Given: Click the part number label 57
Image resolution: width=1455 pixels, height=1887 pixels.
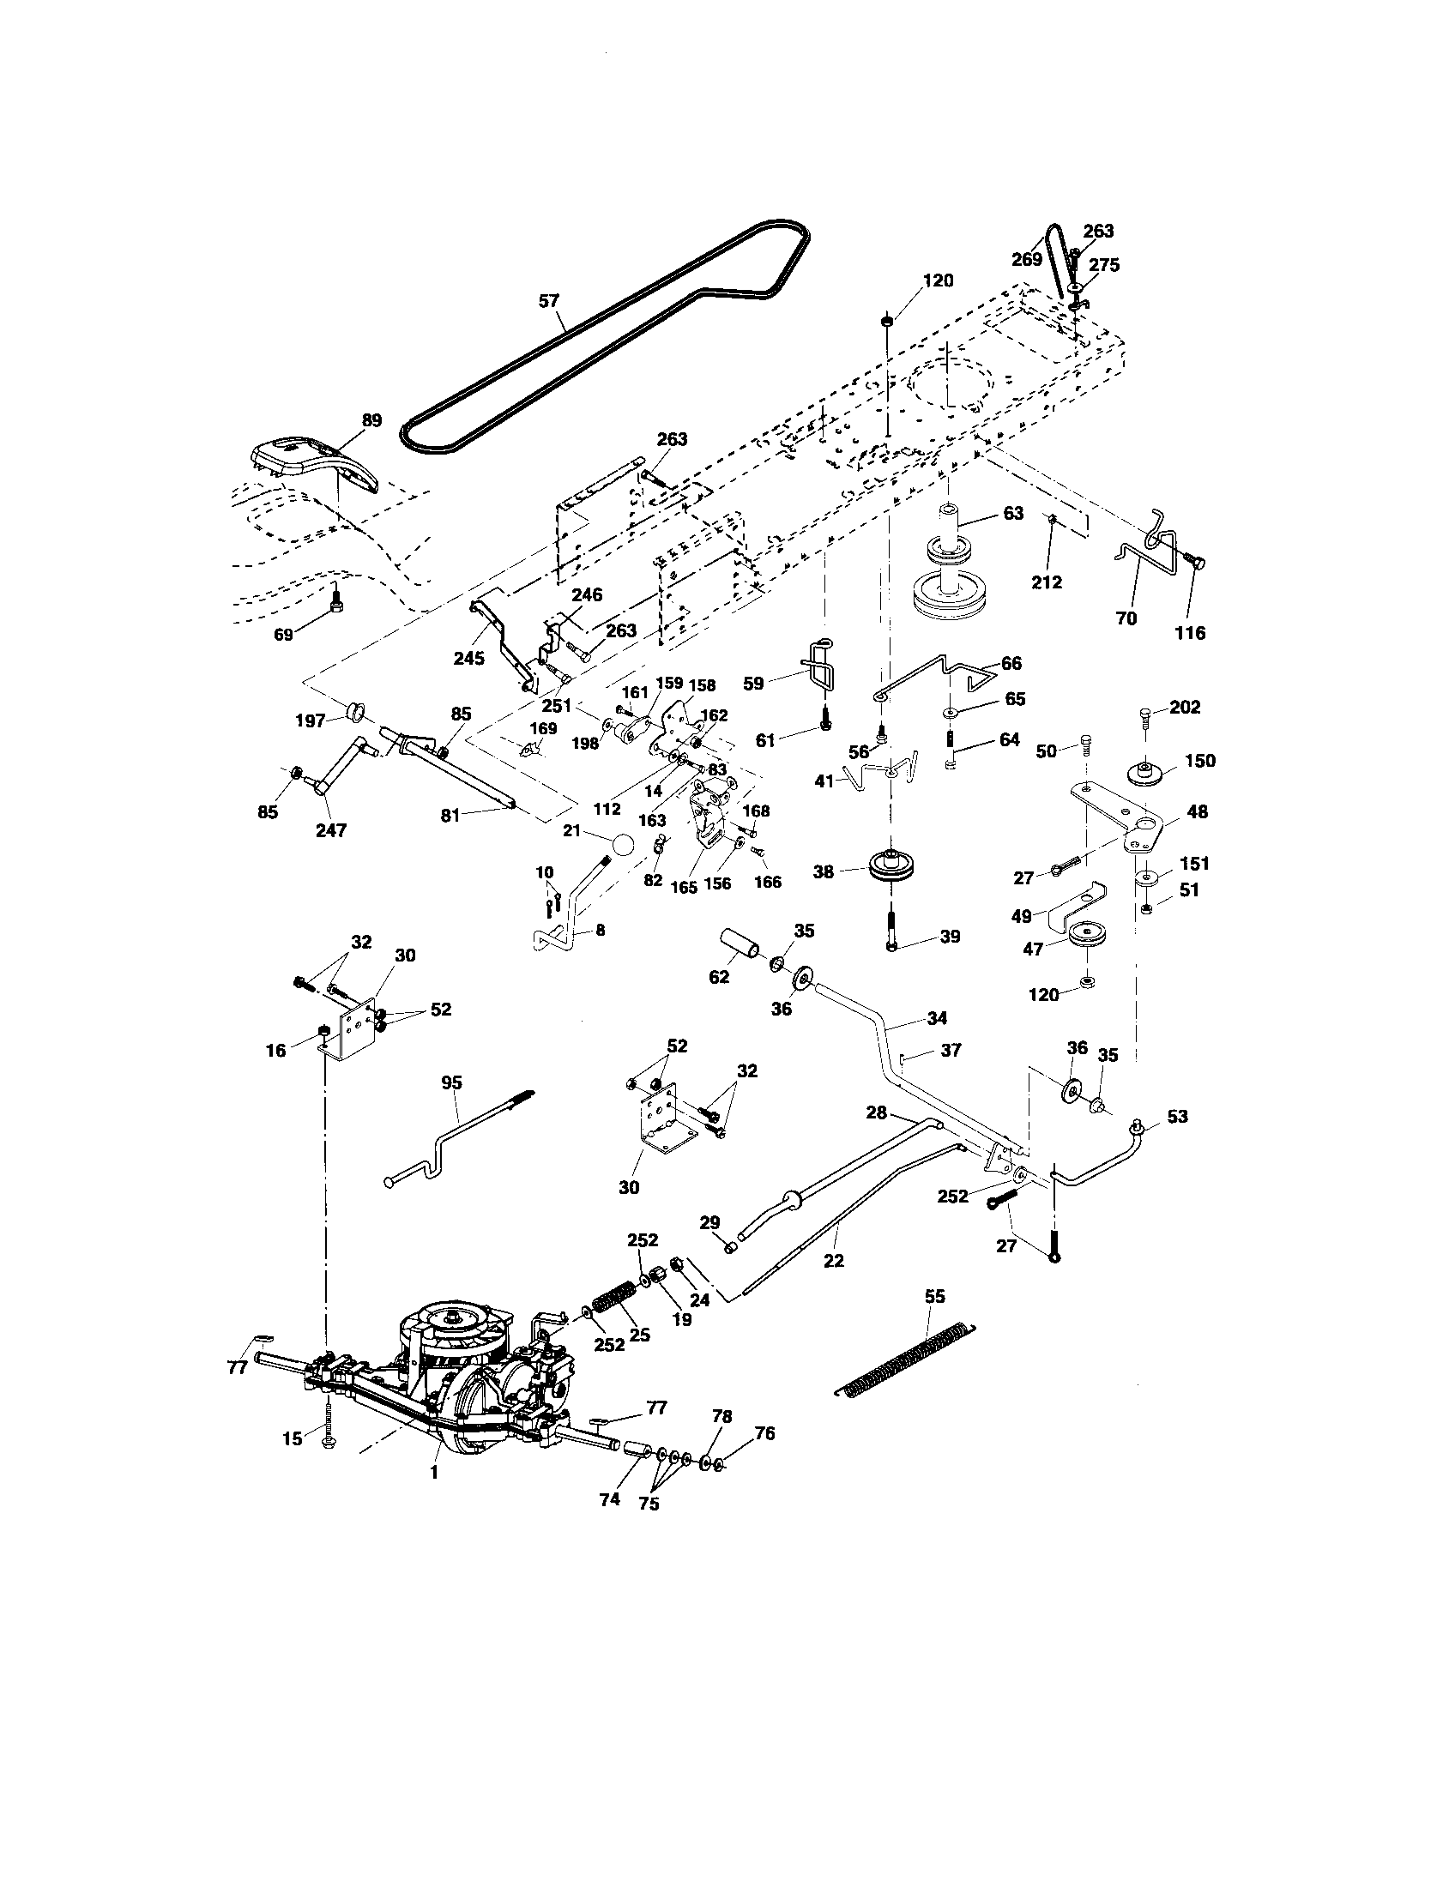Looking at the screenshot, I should coord(549,301).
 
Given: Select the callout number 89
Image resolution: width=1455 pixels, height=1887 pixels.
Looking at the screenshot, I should coord(371,421).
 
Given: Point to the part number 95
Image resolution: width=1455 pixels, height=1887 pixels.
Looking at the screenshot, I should coord(452,1082).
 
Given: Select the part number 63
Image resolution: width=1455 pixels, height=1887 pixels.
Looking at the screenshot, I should coord(1012,513).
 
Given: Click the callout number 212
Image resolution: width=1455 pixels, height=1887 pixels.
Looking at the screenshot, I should coord(1047,582).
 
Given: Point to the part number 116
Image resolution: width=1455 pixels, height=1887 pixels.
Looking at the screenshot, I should coord(1190,632).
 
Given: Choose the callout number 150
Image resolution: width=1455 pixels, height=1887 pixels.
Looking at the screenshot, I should coord(1200,760).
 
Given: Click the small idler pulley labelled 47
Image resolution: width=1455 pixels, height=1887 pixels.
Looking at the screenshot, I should coord(1087,937).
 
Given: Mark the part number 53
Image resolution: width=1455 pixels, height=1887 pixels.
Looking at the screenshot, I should coord(1177,1116).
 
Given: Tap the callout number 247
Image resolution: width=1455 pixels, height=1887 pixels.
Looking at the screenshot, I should coord(331,830).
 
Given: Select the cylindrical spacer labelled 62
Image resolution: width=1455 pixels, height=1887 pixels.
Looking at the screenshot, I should coord(740,944).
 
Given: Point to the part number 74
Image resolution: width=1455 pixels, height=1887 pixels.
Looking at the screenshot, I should coord(610,1499).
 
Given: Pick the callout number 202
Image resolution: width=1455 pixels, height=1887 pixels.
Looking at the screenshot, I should coord(1185,707).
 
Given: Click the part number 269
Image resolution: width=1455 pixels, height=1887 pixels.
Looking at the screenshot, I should coord(1026,259).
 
